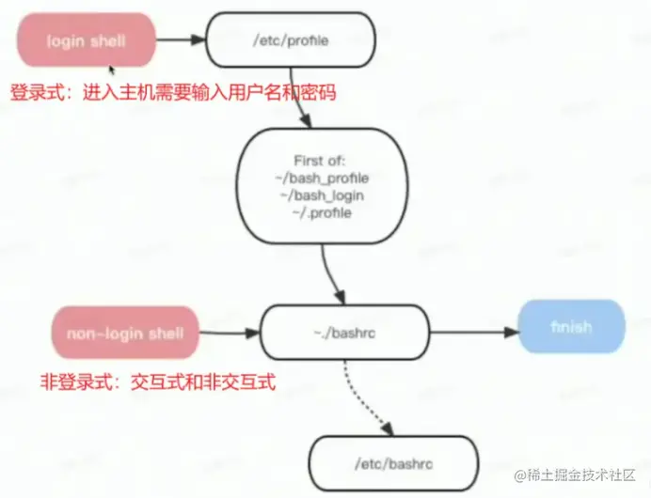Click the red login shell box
[85, 40]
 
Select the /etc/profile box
[291, 40]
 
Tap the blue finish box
[572, 328]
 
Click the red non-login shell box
[125, 333]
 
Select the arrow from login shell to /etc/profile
[180, 40]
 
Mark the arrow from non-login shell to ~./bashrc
[229, 333]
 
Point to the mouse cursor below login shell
[112, 70]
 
